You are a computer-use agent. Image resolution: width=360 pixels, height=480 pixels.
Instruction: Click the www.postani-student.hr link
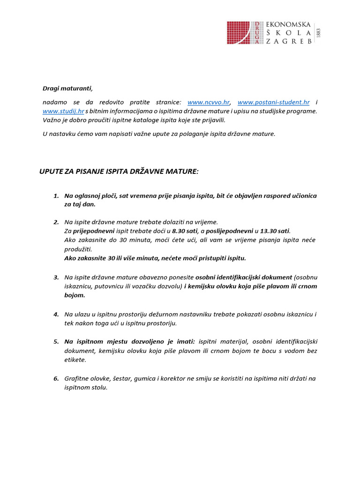(x=274, y=102)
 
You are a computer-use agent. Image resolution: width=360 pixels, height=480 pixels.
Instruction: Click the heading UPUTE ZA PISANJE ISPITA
(x=119, y=172)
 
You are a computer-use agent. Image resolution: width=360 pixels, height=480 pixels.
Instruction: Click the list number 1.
(x=56, y=195)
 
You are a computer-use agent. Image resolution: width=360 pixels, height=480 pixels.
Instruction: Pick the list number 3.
(x=56, y=277)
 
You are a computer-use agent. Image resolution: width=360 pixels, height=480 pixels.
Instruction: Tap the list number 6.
(x=56, y=378)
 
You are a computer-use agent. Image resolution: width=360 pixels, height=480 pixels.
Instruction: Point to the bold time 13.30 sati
(x=275, y=232)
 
